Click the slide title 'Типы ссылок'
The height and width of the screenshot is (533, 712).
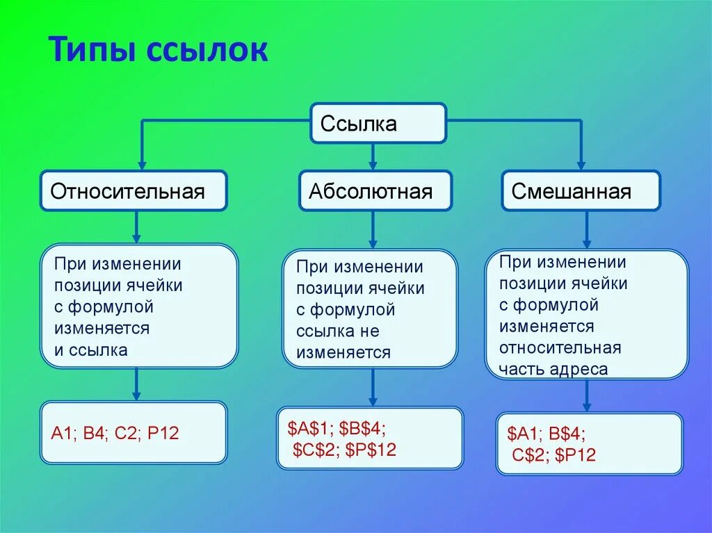click(x=158, y=51)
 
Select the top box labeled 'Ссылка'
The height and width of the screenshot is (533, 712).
click(x=378, y=124)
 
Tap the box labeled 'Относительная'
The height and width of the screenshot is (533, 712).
click(x=133, y=191)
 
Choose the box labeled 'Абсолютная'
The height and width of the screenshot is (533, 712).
click(x=375, y=191)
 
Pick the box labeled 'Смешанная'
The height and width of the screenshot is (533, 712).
click(x=581, y=191)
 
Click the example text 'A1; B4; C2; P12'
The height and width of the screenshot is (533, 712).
click(x=115, y=433)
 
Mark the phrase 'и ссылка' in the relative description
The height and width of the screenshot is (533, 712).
click(x=91, y=350)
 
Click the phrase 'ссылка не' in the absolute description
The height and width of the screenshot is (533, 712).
click(x=337, y=331)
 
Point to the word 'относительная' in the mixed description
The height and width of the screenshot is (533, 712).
click(x=560, y=347)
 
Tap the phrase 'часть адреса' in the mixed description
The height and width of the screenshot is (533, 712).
click(x=553, y=369)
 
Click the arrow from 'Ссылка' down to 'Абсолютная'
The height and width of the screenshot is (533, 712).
click(x=373, y=157)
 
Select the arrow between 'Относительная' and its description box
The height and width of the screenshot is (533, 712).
click(x=136, y=227)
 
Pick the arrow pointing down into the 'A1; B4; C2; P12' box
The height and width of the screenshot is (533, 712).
click(x=136, y=384)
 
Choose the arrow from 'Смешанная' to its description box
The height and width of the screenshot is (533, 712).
click(x=587, y=229)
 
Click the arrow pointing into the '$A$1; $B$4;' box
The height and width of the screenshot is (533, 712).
click(x=373, y=387)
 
